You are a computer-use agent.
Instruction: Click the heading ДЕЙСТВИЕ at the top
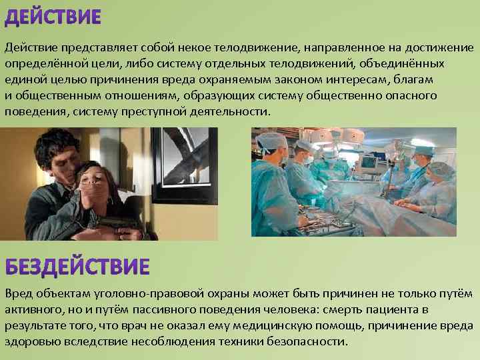[53, 18]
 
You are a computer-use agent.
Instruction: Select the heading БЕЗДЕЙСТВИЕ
[77, 267]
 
